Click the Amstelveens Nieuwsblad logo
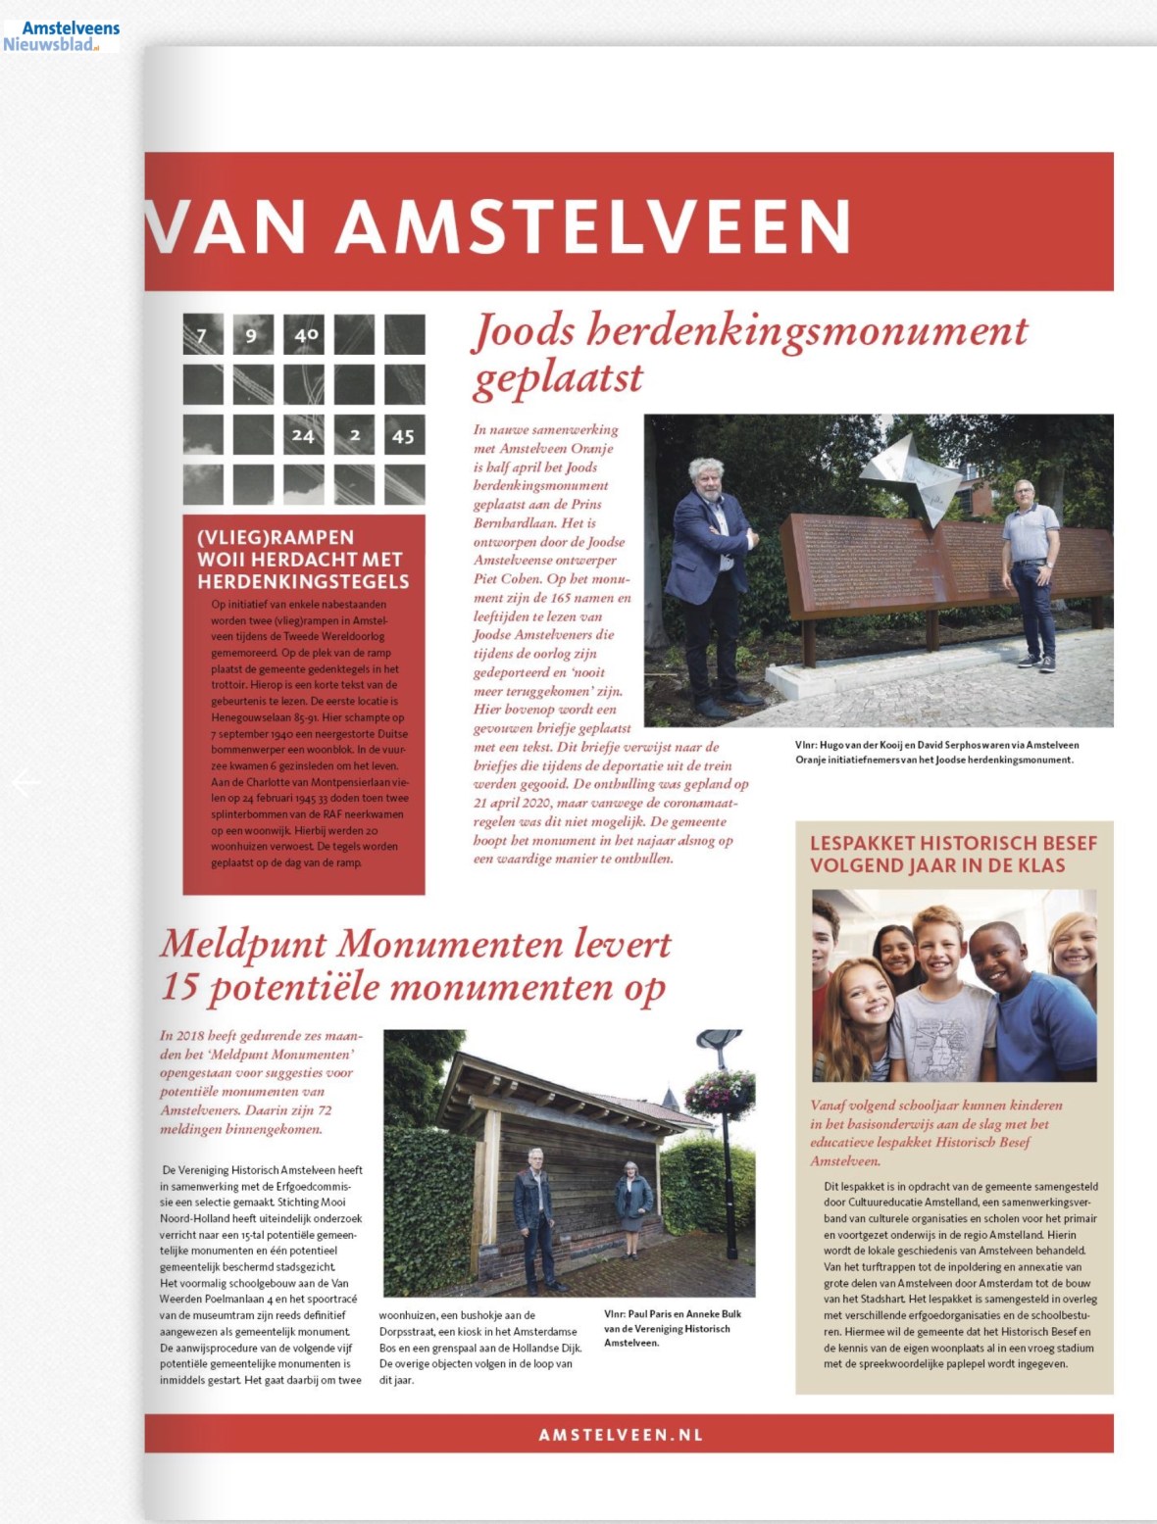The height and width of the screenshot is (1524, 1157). point(62,35)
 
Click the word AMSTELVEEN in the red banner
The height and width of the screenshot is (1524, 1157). point(593,226)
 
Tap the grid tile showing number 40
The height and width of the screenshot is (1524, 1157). point(305,335)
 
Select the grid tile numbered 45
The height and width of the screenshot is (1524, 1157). point(403,435)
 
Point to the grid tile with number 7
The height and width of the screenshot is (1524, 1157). point(202,335)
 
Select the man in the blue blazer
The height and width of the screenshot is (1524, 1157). point(710,578)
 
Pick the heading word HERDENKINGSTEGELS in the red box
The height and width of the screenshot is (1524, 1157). point(303,581)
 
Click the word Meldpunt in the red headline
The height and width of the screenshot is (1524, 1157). point(243,944)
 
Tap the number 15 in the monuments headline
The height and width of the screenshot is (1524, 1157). point(179,987)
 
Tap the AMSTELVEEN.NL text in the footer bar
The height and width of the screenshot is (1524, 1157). point(621,1435)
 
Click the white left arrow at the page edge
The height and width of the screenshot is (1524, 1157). point(26,782)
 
